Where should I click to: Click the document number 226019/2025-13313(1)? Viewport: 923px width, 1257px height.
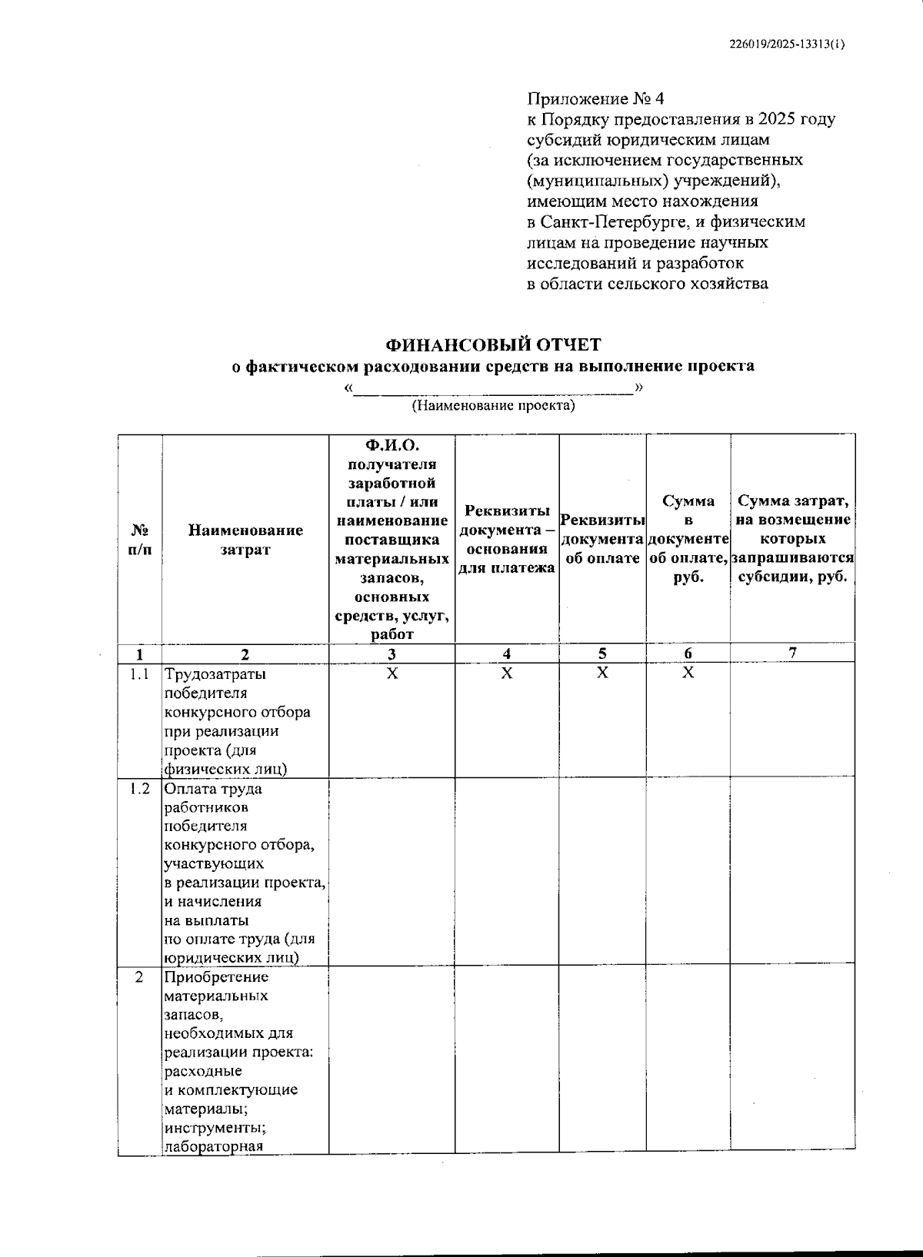786,45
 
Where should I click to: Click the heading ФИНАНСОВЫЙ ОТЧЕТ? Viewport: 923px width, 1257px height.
493,345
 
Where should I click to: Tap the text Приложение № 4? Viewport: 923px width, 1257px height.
595,99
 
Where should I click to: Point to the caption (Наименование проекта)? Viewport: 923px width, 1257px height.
493,405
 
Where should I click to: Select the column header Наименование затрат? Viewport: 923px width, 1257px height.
245,540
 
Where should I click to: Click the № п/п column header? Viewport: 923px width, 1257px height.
139,540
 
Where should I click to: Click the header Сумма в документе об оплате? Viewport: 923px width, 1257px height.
688,539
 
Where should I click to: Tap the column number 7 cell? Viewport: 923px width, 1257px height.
792,653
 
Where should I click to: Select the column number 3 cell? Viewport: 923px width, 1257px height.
392,654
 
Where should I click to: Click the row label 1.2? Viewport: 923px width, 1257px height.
139,789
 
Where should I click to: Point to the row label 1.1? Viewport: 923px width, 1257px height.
139,674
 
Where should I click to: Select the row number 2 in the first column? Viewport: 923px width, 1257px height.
139,977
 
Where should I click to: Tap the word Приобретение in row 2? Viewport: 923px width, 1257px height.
217,977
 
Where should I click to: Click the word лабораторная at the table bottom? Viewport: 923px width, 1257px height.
214,1146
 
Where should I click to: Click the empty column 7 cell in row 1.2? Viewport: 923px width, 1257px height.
792,872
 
